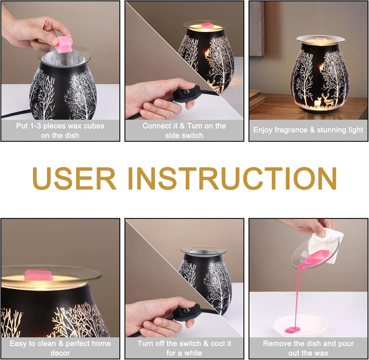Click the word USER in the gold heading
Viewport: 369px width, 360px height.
pyautogui.click(x=74, y=178)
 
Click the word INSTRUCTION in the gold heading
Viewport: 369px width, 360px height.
pyautogui.click(x=232, y=178)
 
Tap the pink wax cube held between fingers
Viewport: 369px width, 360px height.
pyautogui.click(x=63, y=45)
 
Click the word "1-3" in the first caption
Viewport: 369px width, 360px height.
pyautogui.click(x=35, y=126)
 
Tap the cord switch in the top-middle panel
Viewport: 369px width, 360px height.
pyautogui.click(x=186, y=94)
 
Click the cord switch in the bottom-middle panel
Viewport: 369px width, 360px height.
pyautogui.click(x=186, y=313)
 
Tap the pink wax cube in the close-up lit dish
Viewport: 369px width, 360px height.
pyautogui.click(x=38, y=275)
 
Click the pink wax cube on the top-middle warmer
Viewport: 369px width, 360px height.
pyautogui.click(x=207, y=25)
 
